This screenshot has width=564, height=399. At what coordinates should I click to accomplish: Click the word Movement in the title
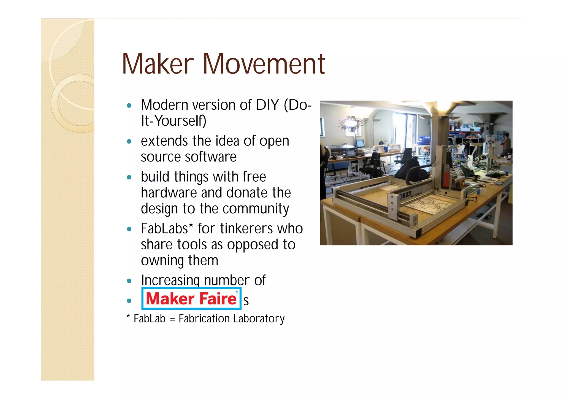point(264,64)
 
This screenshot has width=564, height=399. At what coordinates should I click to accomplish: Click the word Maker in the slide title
point(158,64)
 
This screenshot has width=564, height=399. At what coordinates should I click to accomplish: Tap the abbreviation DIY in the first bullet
point(267,105)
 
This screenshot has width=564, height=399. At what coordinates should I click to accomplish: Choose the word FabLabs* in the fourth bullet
point(167,229)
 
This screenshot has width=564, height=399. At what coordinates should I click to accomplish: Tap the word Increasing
point(170,281)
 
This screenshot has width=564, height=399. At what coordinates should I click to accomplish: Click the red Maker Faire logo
point(191,299)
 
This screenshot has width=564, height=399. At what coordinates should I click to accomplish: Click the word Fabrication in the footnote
point(204,319)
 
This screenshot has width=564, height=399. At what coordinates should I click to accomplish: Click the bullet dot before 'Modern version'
point(129,106)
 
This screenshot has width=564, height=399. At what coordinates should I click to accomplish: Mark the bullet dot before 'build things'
point(129,177)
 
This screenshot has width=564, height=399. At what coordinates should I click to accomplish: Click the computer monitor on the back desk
point(360,144)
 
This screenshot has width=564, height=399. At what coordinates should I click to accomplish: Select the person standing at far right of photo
point(506,143)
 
